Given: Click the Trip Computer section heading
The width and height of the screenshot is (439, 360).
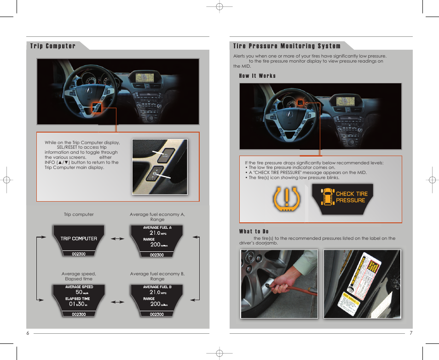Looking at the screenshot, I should pyautogui.click(x=53, y=46).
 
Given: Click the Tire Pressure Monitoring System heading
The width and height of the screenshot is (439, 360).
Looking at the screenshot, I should pyautogui.click(x=287, y=46).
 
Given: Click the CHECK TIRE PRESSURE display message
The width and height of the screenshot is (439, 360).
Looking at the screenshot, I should pyautogui.click(x=342, y=197).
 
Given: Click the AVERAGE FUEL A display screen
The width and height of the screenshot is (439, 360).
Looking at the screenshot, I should pyautogui.click(x=157, y=240).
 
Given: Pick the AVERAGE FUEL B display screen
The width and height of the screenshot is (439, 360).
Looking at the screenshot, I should pyautogui.click(x=157, y=300).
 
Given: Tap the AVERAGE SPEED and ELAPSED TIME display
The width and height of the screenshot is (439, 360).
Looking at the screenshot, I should pyautogui.click(x=79, y=300).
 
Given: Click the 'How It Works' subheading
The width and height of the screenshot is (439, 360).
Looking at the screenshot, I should pyautogui.click(x=257, y=76).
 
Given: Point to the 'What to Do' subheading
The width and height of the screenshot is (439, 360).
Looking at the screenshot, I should pyautogui.click(x=254, y=232).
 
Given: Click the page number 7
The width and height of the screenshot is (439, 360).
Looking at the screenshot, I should pyautogui.click(x=411, y=333).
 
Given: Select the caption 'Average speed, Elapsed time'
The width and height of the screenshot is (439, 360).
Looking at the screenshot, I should pyautogui.click(x=79, y=276).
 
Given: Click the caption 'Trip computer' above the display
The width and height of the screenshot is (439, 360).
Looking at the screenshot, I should pyautogui.click(x=79, y=215).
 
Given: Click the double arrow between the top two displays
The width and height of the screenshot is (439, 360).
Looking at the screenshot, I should pyautogui.click(x=118, y=239).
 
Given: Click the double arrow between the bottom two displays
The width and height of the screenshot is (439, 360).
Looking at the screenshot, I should pyautogui.click(x=118, y=302).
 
